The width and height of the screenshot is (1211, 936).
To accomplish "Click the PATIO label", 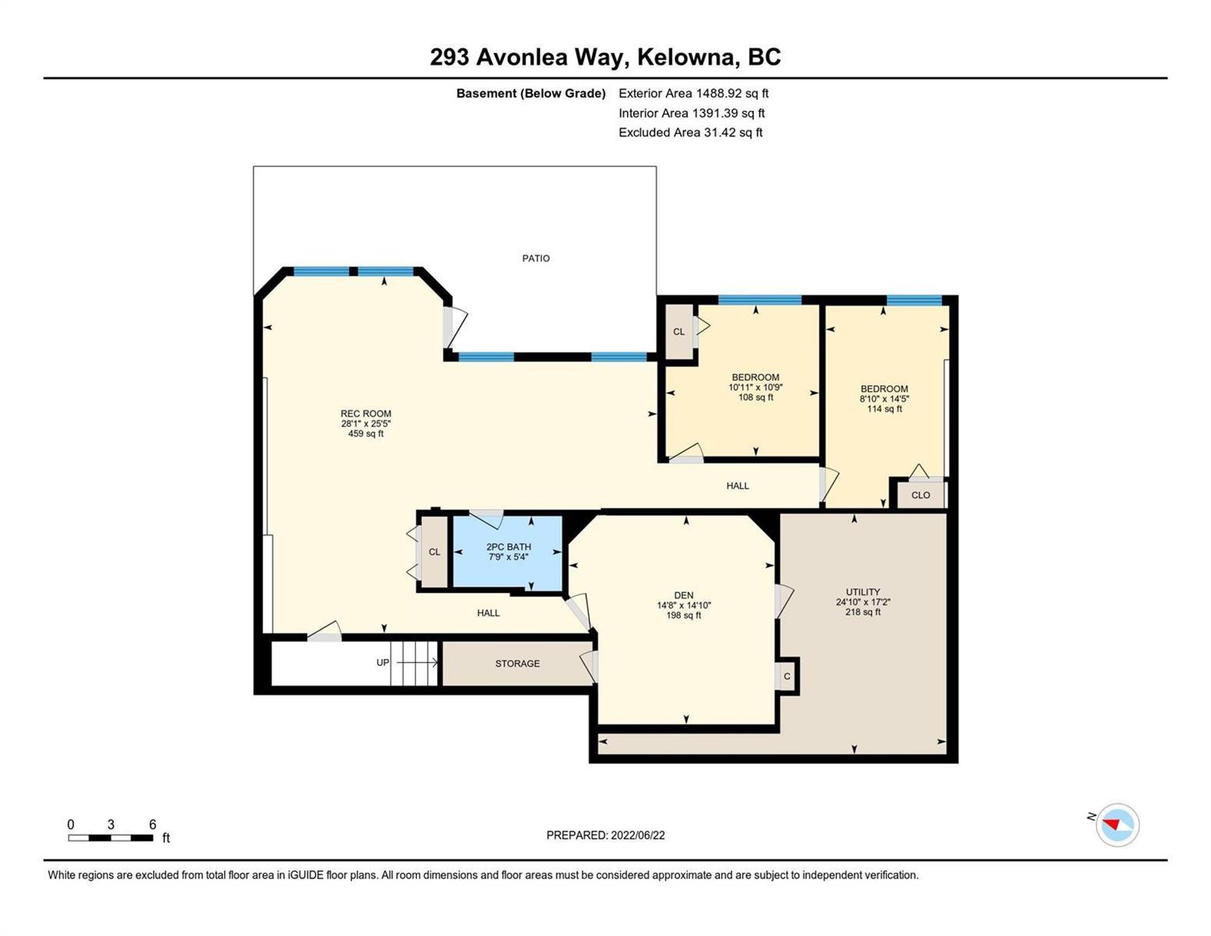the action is point(536,258).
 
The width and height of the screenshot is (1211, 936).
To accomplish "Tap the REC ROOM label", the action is point(366,413).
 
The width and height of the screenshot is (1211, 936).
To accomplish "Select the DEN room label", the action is point(684,595).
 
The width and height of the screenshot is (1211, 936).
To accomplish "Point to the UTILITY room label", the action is point(862,592).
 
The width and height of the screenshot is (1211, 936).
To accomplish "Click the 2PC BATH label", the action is point(508,547).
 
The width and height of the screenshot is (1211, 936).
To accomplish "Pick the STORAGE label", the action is point(517,664).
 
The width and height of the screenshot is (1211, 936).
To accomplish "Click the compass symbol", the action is point(1117,825).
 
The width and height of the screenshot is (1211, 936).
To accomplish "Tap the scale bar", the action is point(111,837).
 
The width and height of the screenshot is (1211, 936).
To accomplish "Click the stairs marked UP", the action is point(413,663).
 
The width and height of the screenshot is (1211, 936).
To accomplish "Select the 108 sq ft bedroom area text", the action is point(755,398).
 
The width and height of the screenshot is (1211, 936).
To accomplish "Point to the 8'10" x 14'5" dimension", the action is point(883,399).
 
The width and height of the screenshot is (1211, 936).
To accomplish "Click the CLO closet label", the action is point(920,495).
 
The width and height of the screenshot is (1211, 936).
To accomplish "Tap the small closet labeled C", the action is point(787,676).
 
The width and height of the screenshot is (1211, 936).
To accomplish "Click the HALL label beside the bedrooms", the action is point(738,486).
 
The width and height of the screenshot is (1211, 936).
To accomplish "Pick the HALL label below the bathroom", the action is point(488,613).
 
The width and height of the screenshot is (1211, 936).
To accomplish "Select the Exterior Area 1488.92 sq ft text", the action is point(693,94).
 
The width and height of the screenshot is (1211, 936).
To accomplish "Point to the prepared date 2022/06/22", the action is point(638,835).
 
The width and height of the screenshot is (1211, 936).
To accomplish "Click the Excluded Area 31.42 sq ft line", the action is point(690,133).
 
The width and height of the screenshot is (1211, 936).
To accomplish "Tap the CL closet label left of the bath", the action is point(434,552).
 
